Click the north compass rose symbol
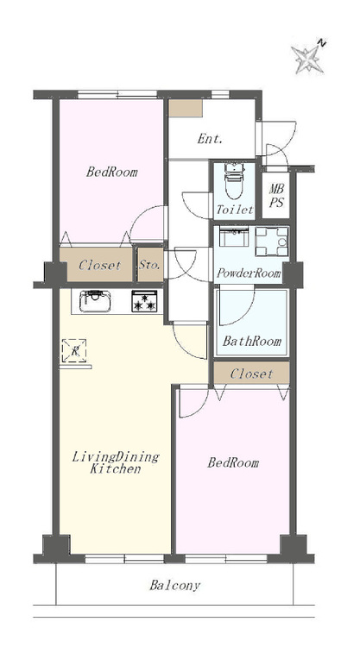point(308,59)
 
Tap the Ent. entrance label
point(210,139)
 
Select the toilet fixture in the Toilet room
point(234,180)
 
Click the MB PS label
point(276,196)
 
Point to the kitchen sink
point(95,301)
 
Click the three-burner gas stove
point(144,301)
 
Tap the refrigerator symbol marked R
point(74,351)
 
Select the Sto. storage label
point(149,265)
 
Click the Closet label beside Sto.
point(100,265)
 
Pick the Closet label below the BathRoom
point(251,374)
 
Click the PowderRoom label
point(249,273)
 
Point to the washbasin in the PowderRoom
point(234,236)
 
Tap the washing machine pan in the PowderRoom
point(272,242)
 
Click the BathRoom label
point(252,341)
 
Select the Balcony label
point(175,585)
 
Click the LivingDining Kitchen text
point(116,462)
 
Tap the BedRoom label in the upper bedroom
point(112,172)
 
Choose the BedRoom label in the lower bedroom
point(233,462)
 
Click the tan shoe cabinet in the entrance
point(186,108)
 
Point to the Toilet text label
point(235,210)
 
